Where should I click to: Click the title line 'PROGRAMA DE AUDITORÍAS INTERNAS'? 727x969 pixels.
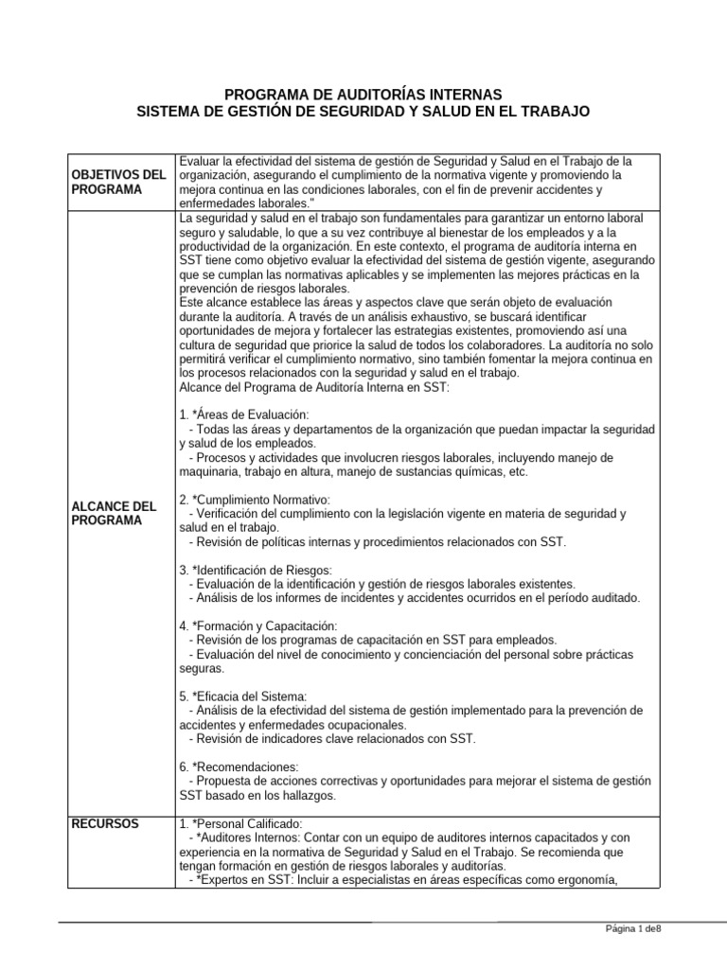click(x=357, y=95)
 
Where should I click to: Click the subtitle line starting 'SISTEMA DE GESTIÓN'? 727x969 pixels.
click(x=363, y=112)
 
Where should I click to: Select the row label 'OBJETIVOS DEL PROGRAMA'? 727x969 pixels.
click(x=118, y=182)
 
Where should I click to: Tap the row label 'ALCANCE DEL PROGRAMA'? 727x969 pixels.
click(x=115, y=514)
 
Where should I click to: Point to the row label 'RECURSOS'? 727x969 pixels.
click(x=104, y=824)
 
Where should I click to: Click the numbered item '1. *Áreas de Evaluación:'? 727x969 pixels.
click(x=243, y=415)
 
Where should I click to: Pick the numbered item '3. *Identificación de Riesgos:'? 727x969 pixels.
click(x=255, y=570)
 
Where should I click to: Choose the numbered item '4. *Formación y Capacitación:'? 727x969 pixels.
click(x=257, y=625)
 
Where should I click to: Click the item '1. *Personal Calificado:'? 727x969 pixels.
click(x=241, y=824)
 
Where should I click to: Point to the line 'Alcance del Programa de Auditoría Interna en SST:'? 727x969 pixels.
click(x=317, y=387)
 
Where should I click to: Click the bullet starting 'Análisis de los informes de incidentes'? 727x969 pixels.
click(x=415, y=598)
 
